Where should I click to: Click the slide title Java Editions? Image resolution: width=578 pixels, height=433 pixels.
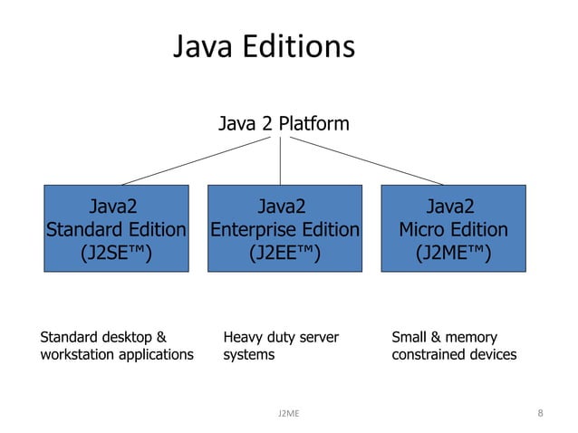point(264,47)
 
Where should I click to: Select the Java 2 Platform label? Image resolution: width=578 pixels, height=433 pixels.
point(284,123)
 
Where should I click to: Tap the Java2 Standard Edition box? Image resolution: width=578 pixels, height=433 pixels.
point(117,228)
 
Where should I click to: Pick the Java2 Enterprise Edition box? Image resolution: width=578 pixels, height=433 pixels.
point(284,228)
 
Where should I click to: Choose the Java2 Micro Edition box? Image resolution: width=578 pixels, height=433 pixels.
point(453,228)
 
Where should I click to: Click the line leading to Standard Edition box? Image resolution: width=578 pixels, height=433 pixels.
point(199,160)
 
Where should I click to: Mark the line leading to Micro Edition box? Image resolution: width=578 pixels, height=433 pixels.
point(362,159)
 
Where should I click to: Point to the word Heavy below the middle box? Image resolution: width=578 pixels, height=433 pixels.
point(243,338)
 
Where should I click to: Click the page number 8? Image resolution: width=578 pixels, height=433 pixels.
point(540,413)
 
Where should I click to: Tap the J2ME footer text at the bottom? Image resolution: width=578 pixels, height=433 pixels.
point(289,414)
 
